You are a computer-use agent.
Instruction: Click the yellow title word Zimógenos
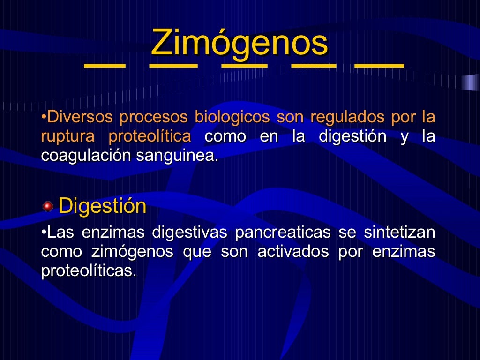(x=240, y=42)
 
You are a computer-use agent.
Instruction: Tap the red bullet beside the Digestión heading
(x=47, y=206)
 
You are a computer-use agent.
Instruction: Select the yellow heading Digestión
(x=102, y=206)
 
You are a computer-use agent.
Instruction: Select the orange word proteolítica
(x=150, y=136)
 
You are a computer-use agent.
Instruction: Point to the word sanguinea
(x=177, y=156)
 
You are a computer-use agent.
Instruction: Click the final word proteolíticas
(x=89, y=271)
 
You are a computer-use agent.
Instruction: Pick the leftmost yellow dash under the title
(x=105, y=66)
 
